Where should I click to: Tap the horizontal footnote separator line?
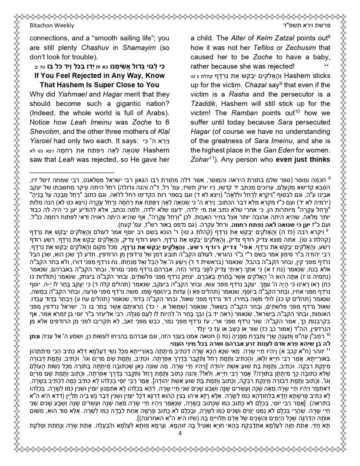(71, 172)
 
